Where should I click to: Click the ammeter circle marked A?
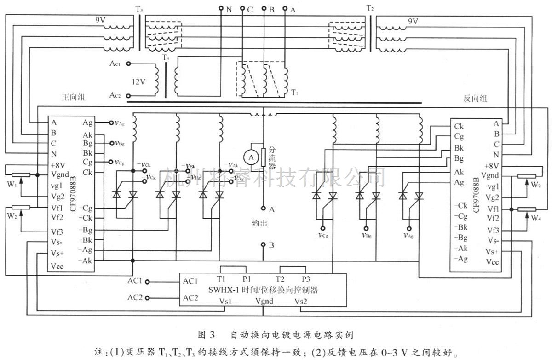pyautogui.click(x=251, y=157)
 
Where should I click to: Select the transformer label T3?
pyautogui.click(x=139, y=9)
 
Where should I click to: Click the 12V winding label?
pyautogui.click(x=139, y=82)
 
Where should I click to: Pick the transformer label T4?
pyautogui.click(x=166, y=58)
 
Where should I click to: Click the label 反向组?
pyautogui.click(x=475, y=99)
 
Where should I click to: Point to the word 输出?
pyautogui.click(x=259, y=223)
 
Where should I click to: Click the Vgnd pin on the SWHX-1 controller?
pyautogui.click(x=264, y=301)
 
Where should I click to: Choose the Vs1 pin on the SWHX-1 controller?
pyautogui.click(x=229, y=301)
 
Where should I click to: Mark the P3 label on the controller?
pyautogui.click(x=306, y=279)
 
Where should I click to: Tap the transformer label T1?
pyautogui.click(x=294, y=93)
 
